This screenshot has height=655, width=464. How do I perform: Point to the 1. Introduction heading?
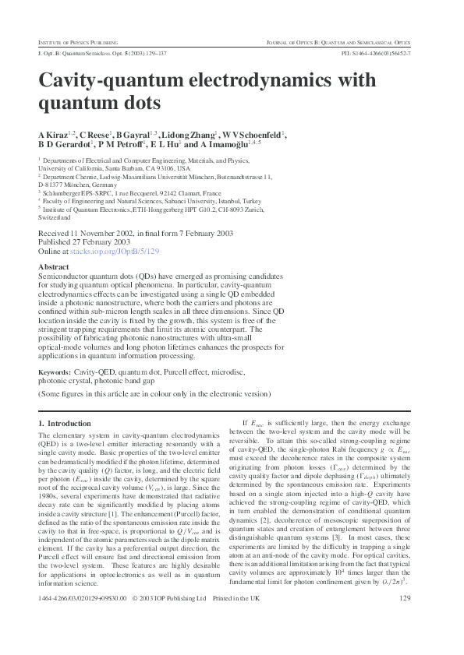click(x=65, y=423)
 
